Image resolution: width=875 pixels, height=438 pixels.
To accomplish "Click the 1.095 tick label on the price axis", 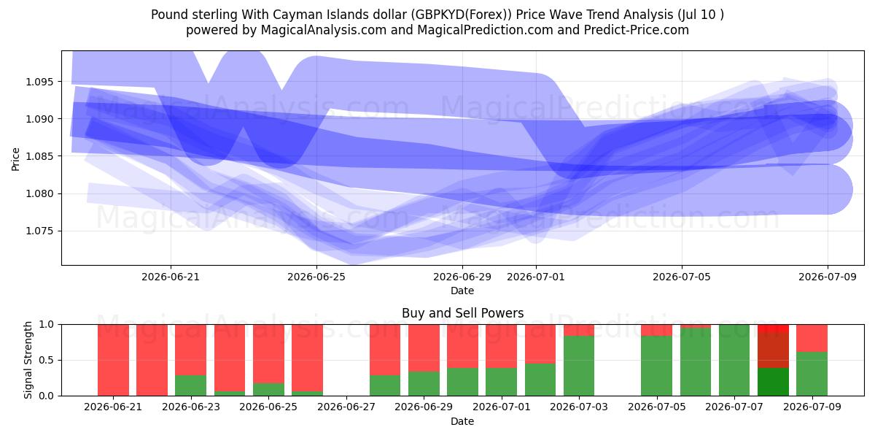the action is (38, 82).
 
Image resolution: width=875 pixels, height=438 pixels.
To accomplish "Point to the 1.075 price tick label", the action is (38, 231).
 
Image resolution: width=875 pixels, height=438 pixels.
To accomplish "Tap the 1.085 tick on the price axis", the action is (38, 156).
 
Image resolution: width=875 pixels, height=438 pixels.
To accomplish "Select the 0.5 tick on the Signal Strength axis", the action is (46, 360).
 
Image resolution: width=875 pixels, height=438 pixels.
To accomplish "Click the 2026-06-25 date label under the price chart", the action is (316, 277).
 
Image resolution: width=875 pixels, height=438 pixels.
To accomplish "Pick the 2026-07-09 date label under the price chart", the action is (828, 277).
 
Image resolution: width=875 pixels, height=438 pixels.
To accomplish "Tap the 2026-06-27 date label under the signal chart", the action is (346, 407).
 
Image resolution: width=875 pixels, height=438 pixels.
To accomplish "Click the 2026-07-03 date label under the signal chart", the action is (579, 407).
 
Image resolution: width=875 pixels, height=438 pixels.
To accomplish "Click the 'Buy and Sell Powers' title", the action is (462, 313).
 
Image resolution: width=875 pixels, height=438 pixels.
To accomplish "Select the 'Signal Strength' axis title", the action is (28, 360).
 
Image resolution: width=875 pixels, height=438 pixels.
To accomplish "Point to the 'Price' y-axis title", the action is (15, 159).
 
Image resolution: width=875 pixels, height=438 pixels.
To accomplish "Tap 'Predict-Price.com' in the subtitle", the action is (637, 30).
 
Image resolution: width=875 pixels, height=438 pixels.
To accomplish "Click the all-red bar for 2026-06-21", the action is (113, 360).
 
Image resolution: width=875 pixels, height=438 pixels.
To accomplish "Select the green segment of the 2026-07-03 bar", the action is (579, 366).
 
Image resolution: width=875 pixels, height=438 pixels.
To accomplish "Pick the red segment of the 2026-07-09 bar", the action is (812, 338).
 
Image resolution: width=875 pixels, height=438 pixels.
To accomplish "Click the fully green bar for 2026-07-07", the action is (734, 360).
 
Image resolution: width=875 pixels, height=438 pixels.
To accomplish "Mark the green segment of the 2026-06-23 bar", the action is (190, 385).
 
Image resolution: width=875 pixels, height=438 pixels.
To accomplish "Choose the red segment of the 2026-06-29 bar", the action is (424, 348).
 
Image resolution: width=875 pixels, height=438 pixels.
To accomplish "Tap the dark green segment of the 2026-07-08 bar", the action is (774, 382).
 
